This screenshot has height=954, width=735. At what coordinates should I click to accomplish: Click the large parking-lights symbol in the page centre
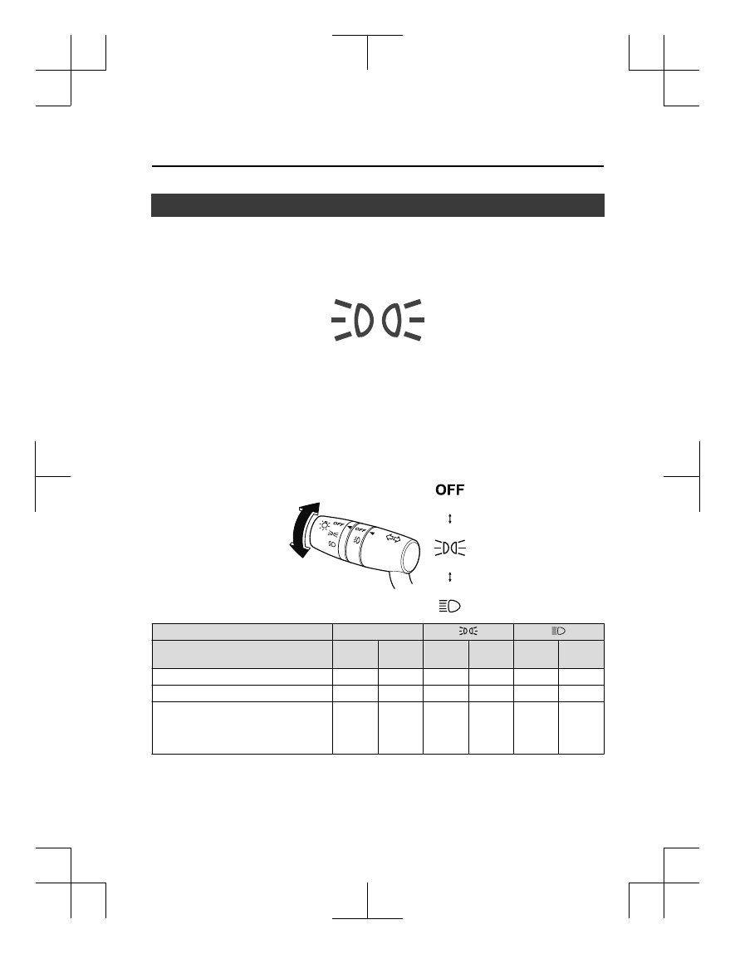[x=378, y=319]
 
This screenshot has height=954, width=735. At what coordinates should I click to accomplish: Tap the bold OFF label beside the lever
[x=450, y=489]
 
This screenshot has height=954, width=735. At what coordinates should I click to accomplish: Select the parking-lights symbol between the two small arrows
[x=450, y=548]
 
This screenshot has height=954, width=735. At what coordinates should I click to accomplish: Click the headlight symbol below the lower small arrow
[x=450, y=606]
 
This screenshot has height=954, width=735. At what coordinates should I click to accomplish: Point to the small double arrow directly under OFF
[x=450, y=519]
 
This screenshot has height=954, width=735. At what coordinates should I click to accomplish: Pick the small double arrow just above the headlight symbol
[x=450, y=576]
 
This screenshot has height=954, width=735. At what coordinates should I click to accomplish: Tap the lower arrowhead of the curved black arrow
[x=298, y=551]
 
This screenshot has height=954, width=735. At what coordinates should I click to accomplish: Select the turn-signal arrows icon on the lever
[x=394, y=538]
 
